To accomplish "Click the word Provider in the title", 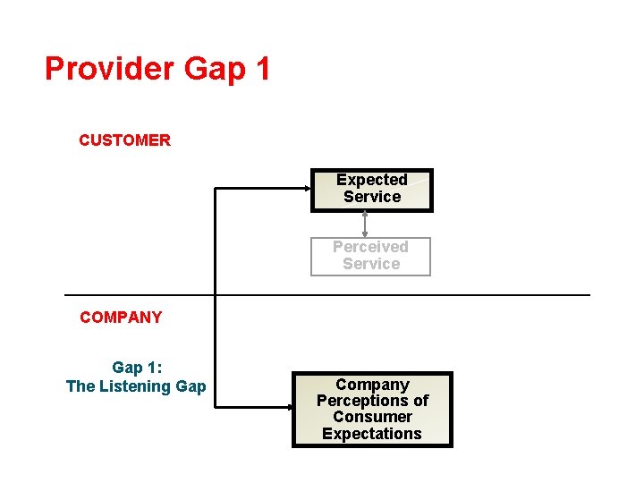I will click(109, 69).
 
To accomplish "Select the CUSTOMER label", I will click(124, 140).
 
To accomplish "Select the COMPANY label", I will click(121, 318).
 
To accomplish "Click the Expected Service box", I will click(371, 190).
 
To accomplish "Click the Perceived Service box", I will click(370, 256).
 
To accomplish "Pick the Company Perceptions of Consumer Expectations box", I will click(372, 410).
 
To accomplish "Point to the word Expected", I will click(372, 180).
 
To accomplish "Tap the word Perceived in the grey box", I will click(370, 247).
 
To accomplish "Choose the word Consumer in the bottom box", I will click(372, 417).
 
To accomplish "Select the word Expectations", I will click(372, 434).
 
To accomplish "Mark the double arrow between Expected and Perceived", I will click(365, 225).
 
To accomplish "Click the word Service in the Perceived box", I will click(371, 264).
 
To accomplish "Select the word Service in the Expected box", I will click(372, 197).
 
